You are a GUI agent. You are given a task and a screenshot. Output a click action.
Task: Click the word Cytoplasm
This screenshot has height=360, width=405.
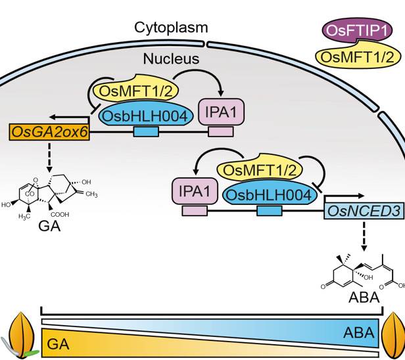[x=171, y=27]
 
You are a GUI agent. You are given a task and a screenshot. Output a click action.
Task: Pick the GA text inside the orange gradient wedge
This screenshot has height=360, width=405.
[x=58, y=342]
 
